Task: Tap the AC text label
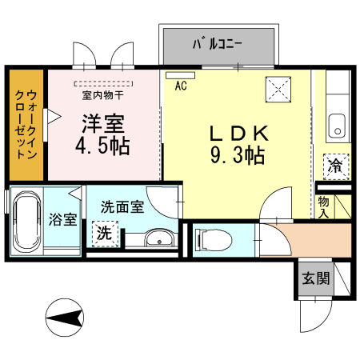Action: pyautogui.click(x=180, y=86)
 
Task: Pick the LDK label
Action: pyautogui.click(x=238, y=133)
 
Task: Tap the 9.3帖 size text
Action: pyautogui.click(x=238, y=156)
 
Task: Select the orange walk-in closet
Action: pyautogui.click(x=26, y=125)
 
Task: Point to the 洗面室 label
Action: pyautogui.click(x=122, y=206)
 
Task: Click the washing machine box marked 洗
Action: pyautogui.click(x=104, y=234)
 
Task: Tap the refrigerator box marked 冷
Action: pyautogui.click(x=336, y=166)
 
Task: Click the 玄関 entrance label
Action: pyautogui.click(x=315, y=278)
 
